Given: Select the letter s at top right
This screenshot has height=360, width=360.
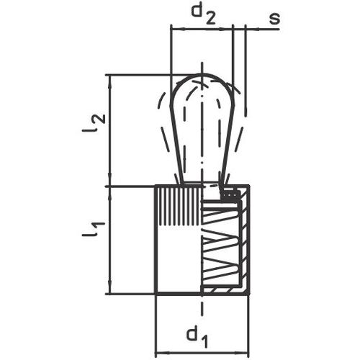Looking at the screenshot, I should point(274,17).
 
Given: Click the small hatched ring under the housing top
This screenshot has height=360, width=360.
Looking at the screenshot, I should point(229,194).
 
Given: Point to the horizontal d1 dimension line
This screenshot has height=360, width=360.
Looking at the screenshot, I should point(202,352).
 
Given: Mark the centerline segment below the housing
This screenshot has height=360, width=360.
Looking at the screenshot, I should point(202,310).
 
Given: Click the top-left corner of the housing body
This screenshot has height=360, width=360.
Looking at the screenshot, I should point(156,186).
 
